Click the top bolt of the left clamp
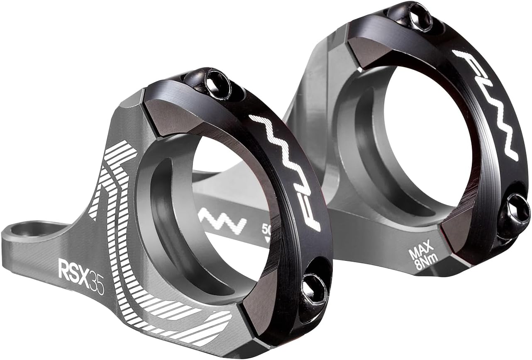(213, 84)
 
